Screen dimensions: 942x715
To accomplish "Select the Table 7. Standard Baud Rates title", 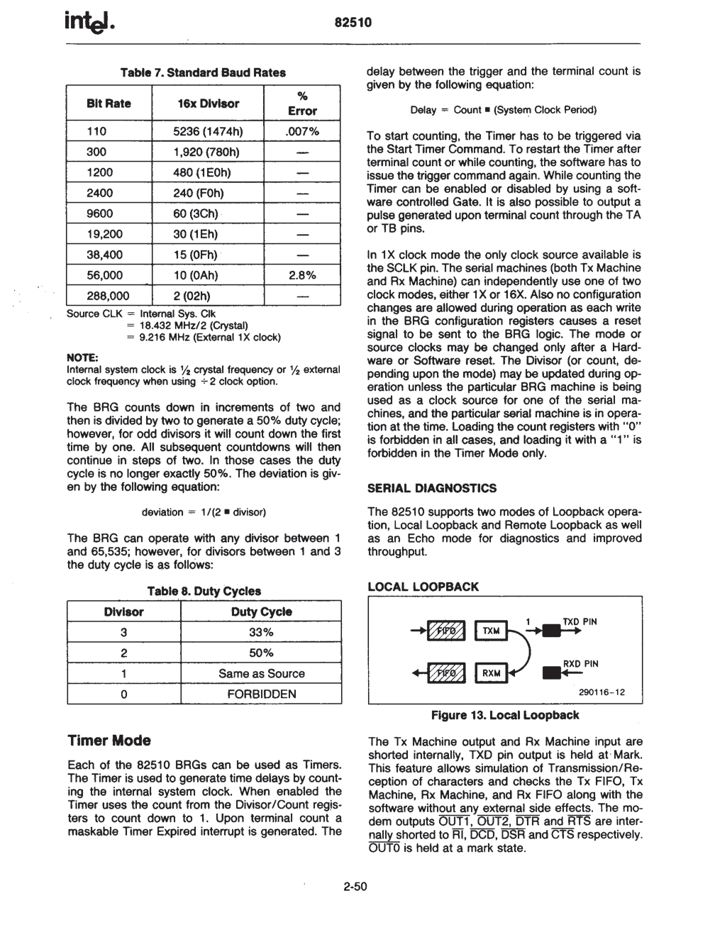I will (203, 72).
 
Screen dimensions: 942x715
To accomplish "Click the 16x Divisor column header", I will (208, 104).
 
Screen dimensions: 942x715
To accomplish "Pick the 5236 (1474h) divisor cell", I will (208, 131).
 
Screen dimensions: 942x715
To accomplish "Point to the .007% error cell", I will (301, 131).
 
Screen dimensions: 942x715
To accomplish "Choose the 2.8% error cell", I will (301, 275).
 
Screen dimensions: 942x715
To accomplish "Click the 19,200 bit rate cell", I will (104, 234).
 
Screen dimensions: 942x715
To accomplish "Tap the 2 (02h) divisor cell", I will (192, 296).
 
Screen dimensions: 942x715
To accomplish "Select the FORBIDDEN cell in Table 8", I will (261, 694).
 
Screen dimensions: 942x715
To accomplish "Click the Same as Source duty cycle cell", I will (261, 673).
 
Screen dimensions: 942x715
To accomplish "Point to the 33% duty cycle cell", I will (261, 632).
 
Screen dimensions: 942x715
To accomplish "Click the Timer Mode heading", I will (109, 741).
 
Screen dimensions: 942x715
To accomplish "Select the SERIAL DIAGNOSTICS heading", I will (432, 488).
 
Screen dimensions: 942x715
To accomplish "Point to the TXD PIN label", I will (580, 621).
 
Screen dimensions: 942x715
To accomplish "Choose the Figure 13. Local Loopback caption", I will (505, 715).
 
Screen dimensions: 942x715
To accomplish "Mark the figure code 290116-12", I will (602, 692).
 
